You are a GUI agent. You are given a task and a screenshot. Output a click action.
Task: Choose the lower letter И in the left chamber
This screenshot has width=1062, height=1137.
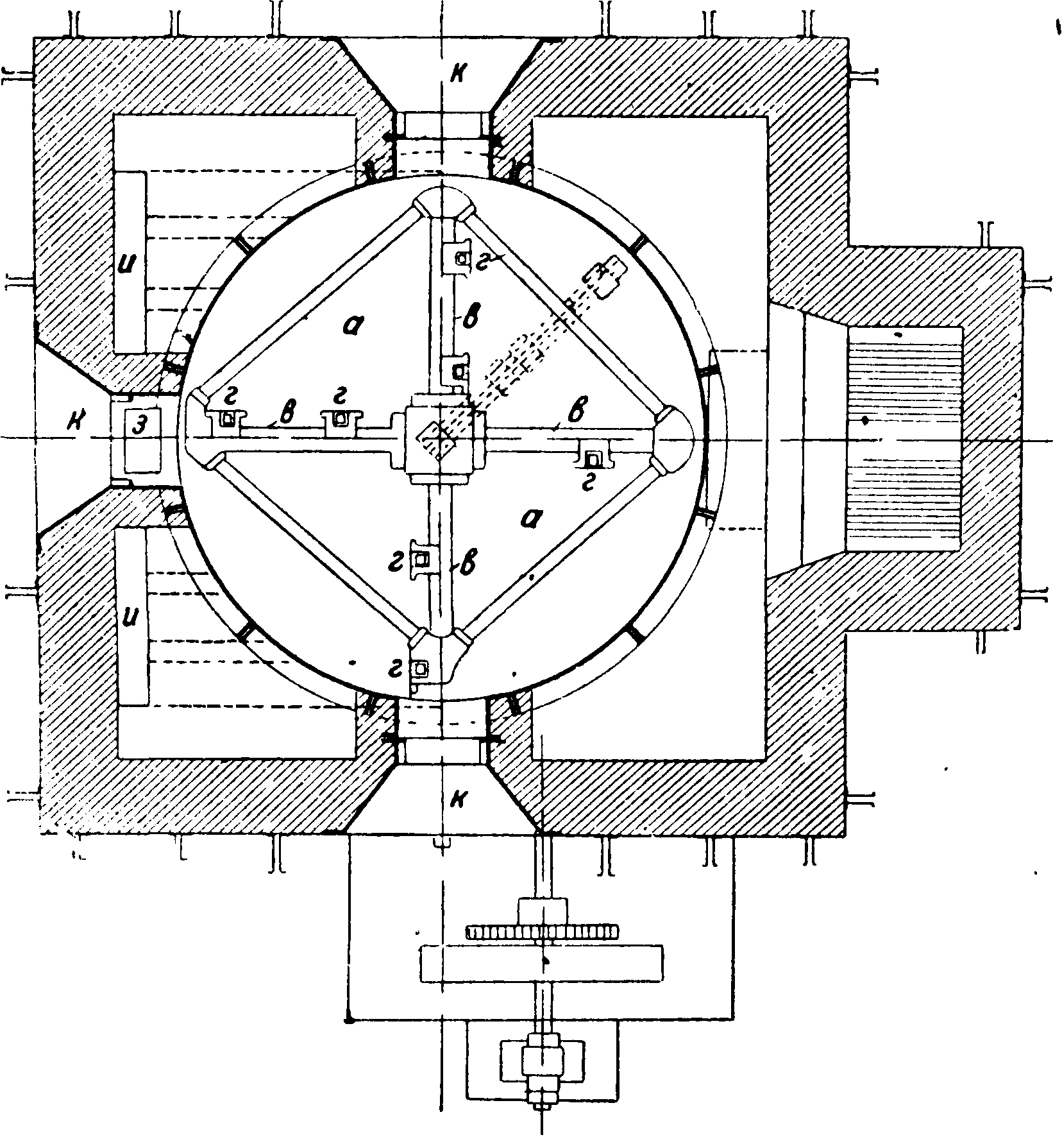(130, 622)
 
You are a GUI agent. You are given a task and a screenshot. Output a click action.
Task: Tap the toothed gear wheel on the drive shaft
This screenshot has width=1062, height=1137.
(543, 931)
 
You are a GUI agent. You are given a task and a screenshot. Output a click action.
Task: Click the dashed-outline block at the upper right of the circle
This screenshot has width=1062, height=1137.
(603, 276)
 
